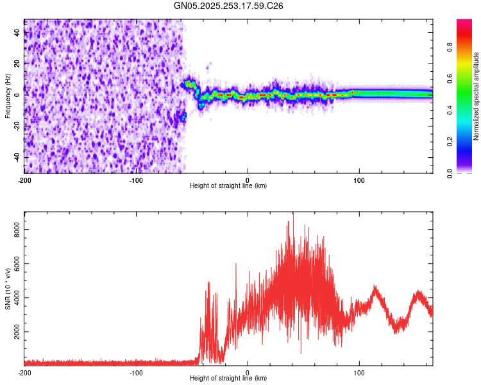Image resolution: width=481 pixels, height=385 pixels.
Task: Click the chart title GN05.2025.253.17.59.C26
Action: coord(229,6)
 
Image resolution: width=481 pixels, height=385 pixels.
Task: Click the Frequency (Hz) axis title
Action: coord(8,96)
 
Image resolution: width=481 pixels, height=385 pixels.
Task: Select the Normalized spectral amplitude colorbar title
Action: coord(477,96)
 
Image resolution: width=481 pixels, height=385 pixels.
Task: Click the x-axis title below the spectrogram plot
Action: coord(228,186)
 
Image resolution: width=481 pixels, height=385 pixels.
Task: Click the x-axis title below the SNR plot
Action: coord(228,379)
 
